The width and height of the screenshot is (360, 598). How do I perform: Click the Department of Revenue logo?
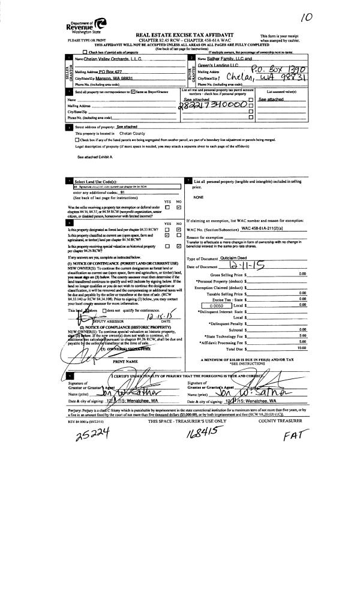pos(88,25)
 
